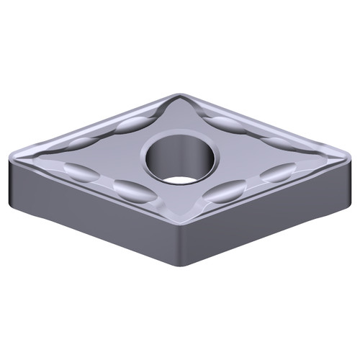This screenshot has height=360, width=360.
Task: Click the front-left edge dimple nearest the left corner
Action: tap(78, 171)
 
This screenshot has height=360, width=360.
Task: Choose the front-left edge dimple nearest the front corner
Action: tap(130, 190)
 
